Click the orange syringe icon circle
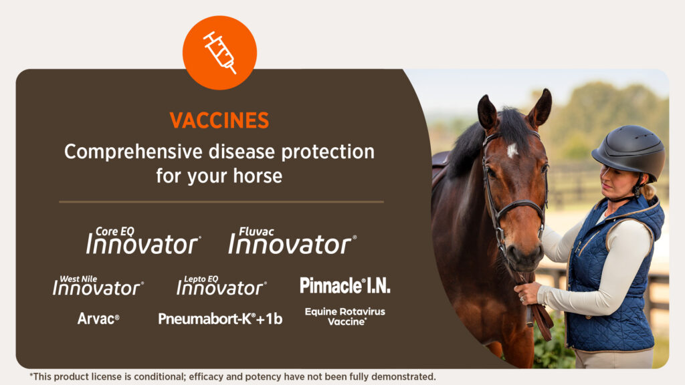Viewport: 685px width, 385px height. point(219,53)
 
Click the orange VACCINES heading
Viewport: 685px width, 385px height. point(219,120)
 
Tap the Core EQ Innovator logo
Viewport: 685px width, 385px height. point(143,241)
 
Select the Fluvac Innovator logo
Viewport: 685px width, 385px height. point(292,241)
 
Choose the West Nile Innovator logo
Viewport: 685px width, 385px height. point(98,285)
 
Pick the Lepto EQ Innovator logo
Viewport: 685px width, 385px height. point(221,285)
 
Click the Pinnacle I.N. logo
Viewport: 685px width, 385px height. point(345,285)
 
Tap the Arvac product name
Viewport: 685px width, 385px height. point(98,319)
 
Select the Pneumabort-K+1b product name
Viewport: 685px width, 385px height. point(220,319)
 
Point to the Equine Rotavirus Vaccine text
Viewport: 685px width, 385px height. point(345,316)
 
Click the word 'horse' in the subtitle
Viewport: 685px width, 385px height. point(258,176)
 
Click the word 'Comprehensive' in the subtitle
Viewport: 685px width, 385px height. point(133,152)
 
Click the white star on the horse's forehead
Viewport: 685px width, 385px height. point(512,150)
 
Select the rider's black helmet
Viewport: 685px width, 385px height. point(629,150)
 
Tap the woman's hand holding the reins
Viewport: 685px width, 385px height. point(528,293)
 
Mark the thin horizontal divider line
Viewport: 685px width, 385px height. point(221,202)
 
